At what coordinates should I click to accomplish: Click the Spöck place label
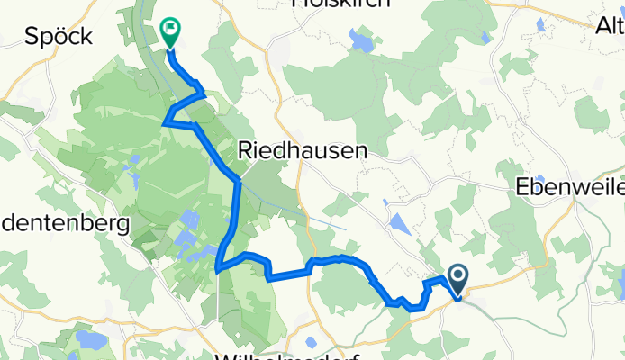(x=59, y=36)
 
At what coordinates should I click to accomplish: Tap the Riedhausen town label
(x=302, y=152)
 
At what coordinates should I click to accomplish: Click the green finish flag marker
(x=169, y=31)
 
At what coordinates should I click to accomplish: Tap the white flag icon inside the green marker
(x=169, y=28)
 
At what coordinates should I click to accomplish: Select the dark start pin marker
(x=457, y=280)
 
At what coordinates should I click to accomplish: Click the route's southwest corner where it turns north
(x=218, y=266)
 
